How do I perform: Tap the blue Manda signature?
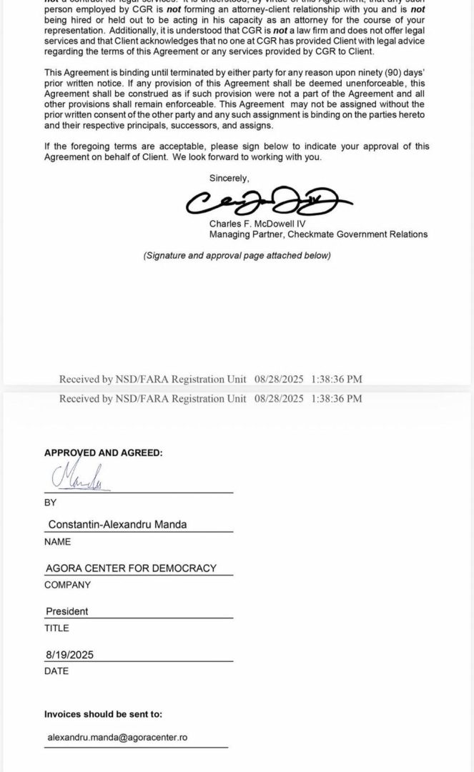[x=79, y=477]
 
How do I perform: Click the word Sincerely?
[x=229, y=177]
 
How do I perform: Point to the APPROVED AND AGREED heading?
[x=103, y=452]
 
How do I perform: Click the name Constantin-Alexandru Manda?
[x=117, y=525]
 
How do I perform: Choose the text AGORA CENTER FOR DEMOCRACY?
[x=130, y=568]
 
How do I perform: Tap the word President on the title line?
[x=67, y=612]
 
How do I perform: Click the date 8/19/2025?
[x=69, y=655]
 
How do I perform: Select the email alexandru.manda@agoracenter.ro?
[x=117, y=737]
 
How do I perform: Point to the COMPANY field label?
[x=67, y=585]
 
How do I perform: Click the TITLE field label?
[x=56, y=628]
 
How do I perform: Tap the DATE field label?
[x=56, y=671]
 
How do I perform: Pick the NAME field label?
[x=57, y=542]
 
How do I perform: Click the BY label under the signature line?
[x=50, y=503]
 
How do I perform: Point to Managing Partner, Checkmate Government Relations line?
[x=318, y=234]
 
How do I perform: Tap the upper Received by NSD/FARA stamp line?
[x=210, y=379]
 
